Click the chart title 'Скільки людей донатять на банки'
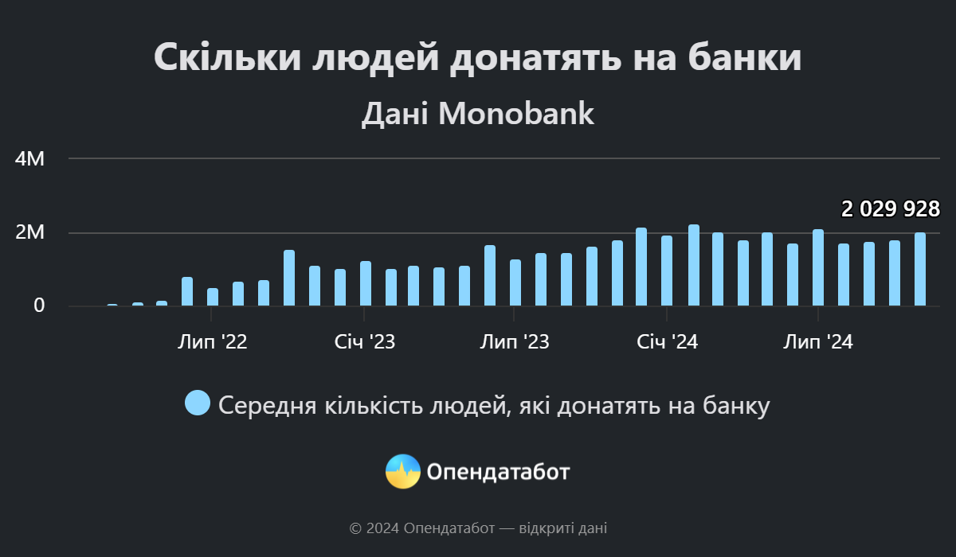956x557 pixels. (477, 58)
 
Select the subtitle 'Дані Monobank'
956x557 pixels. (477, 114)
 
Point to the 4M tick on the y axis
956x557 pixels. (30, 158)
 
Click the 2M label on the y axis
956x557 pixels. (30, 232)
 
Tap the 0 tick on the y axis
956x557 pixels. (39, 306)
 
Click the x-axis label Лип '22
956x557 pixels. (212, 342)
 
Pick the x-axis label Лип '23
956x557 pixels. (514, 342)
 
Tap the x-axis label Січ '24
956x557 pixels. (668, 342)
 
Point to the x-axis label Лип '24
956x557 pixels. (818, 342)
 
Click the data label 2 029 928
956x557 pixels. (891, 209)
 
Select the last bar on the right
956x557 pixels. (920, 270)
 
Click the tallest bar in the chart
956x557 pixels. (694, 266)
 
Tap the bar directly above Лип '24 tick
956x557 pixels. (818, 268)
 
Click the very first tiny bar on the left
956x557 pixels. (112, 304)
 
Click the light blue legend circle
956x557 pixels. (198, 403)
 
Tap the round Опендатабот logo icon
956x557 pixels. (403, 472)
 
